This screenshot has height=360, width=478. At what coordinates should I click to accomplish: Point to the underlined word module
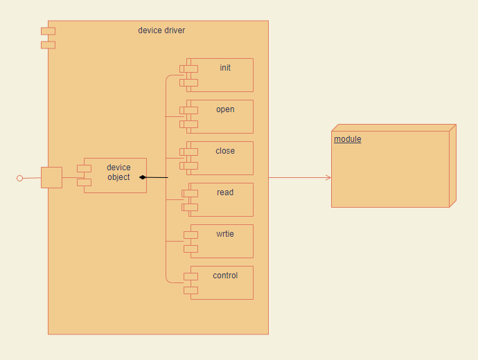point(347,139)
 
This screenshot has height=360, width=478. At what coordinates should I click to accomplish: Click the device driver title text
point(161,30)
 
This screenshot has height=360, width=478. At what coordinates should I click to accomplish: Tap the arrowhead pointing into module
point(328,178)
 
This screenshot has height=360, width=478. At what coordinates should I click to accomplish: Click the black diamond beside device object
point(143,178)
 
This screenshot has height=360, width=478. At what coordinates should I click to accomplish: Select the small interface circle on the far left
point(19,179)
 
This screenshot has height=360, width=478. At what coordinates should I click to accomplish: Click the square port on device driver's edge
point(51,177)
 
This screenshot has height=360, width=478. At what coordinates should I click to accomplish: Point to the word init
point(225,68)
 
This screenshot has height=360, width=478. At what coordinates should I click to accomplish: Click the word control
point(225,276)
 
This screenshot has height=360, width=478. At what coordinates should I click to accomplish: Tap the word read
point(225,192)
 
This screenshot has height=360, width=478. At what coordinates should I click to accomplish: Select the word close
point(225,151)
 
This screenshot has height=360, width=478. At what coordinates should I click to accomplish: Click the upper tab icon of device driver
point(48,30)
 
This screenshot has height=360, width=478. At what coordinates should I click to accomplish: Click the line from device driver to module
point(298,178)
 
